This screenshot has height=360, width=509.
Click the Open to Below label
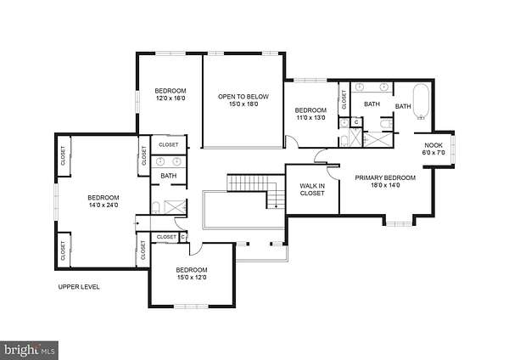tap(243, 97)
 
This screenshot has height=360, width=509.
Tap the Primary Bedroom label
tap(385, 177)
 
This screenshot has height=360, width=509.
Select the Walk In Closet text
tap(312, 189)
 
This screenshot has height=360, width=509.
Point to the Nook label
tap(433, 145)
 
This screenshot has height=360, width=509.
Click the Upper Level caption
tap(79, 287)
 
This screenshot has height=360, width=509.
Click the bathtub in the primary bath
tap(421, 102)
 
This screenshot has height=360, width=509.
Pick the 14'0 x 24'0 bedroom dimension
tap(103, 205)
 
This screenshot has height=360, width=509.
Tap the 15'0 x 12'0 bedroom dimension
tap(192, 278)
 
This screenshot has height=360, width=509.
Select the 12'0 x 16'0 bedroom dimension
tap(171, 98)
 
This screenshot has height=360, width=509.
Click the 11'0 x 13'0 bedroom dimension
tap(310, 118)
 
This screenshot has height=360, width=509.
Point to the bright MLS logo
tap(29, 351)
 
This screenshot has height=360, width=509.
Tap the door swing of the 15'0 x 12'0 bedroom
tap(196, 250)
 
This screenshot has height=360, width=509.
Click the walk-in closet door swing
tap(333, 172)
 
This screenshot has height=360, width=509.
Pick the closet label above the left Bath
tap(169, 145)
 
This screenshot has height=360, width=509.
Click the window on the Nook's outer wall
tap(453, 149)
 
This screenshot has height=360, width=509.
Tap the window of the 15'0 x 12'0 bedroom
tap(191, 306)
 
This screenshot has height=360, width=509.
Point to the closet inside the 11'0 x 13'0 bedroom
tap(344, 99)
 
